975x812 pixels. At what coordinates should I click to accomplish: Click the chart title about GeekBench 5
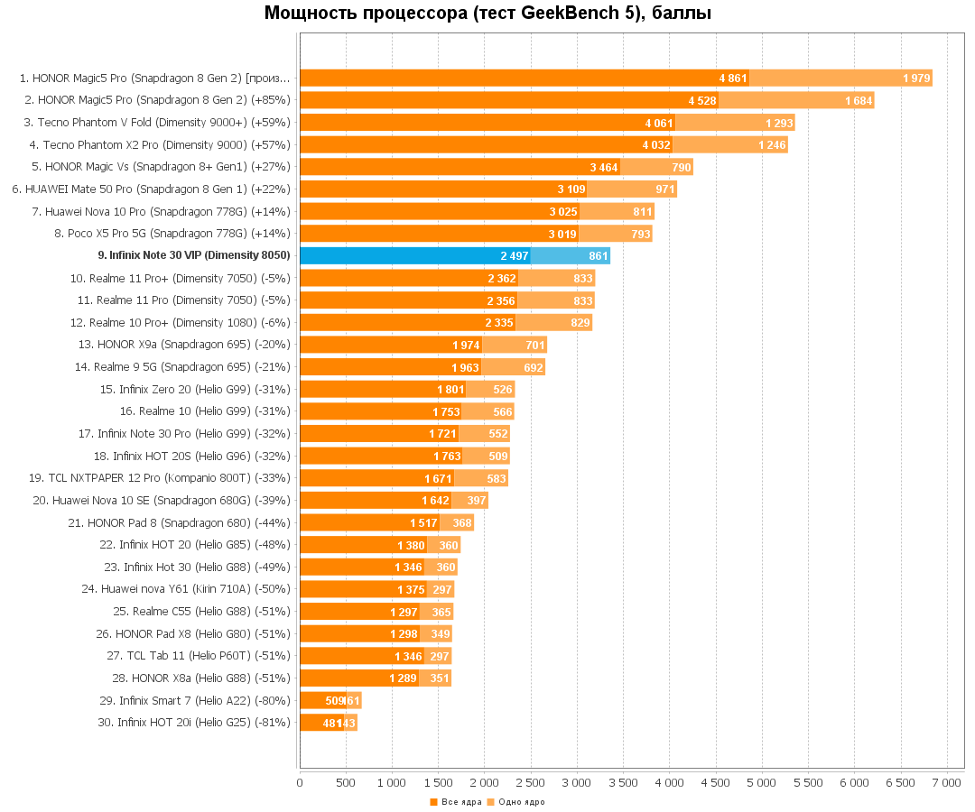tap(487, 14)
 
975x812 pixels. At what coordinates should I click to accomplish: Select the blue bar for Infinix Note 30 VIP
tap(414, 256)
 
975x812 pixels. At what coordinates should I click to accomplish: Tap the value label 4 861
tap(733, 78)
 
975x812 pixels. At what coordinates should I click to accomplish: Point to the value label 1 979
tap(916, 78)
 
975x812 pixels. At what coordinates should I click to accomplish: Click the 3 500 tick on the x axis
tap(623, 783)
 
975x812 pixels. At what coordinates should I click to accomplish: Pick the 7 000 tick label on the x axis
tap(946, 783)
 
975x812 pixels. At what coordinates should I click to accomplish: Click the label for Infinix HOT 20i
tap(194, 723)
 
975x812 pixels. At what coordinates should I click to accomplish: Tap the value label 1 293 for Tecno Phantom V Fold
tap(779, 123)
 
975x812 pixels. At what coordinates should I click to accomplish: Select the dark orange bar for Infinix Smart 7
tap(322, 701)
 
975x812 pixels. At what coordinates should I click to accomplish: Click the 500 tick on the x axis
tap(346, 783)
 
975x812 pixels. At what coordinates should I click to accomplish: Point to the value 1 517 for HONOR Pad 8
tap(423, 523)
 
